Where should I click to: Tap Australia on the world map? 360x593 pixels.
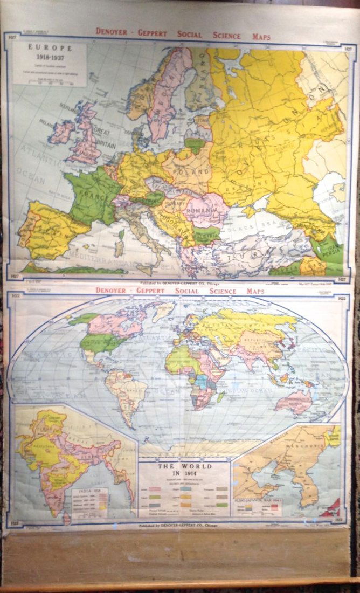point(294,401)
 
